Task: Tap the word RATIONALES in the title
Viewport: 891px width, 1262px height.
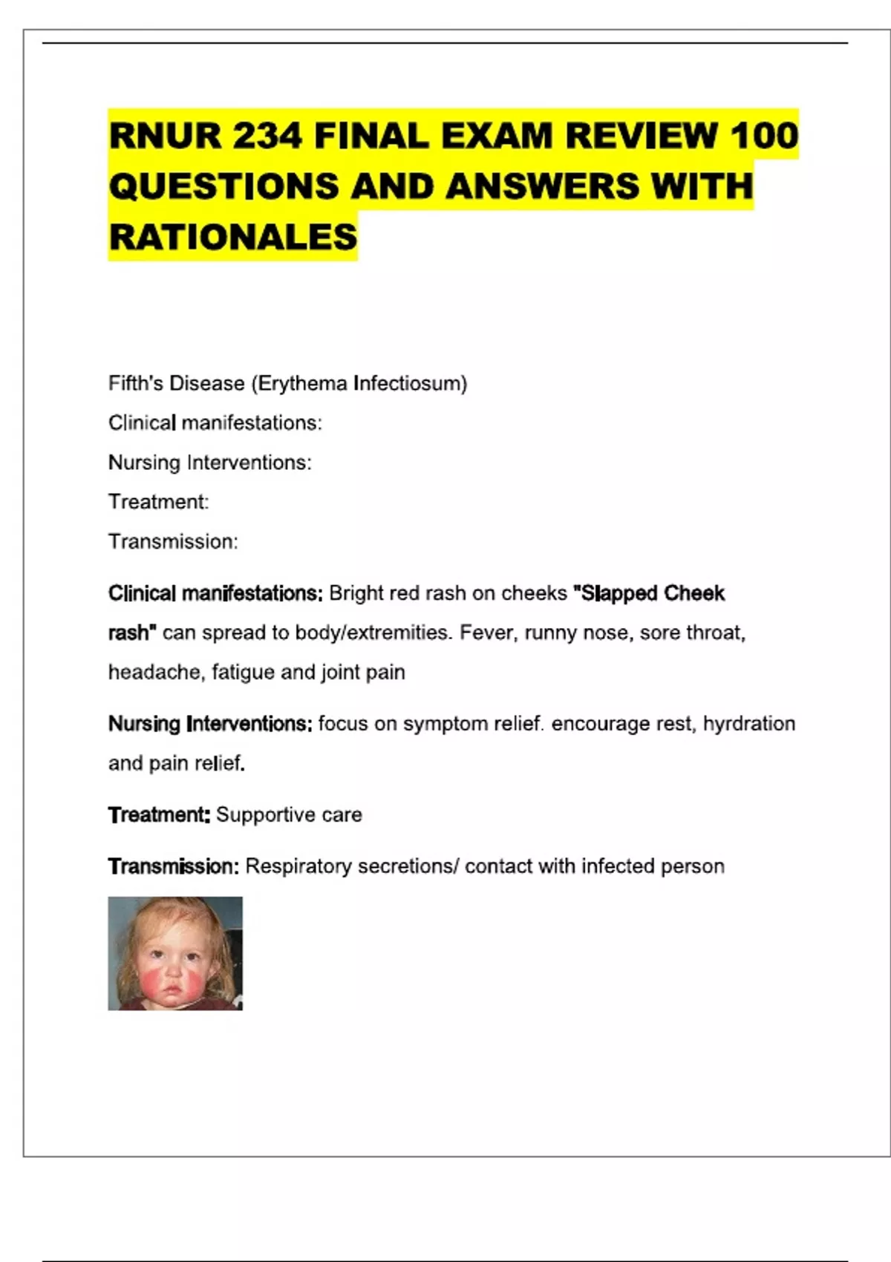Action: pos(233,238)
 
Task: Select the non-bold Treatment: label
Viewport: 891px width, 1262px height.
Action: pos(158,502)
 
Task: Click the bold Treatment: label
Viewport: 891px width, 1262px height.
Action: pos(159,815)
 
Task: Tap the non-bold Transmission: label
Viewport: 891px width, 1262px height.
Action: pos(173,542)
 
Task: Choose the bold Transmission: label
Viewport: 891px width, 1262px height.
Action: pos(173,866)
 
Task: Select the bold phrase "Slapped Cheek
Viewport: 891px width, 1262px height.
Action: pos(649,594)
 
